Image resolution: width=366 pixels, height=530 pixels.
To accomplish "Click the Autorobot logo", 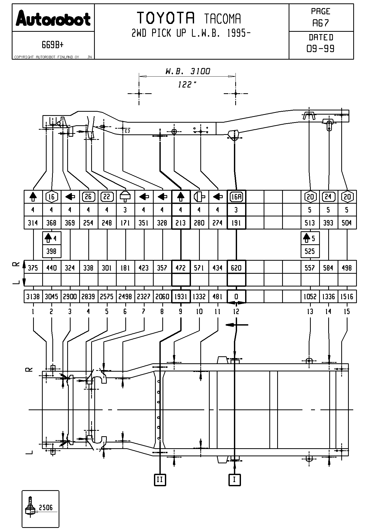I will (x=53, y=18).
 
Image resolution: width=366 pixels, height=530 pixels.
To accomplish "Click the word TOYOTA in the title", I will (x=166, y=18).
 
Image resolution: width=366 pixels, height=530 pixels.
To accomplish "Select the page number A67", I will (x=321, y=23).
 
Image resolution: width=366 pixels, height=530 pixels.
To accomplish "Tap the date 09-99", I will (x=321, y=49).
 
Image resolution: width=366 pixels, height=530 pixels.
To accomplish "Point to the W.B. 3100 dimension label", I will (x=188, y=71).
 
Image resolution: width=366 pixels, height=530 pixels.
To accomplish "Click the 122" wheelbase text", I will (x=187, y=84).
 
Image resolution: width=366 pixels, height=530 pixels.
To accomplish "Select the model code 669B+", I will (x=53, y=45).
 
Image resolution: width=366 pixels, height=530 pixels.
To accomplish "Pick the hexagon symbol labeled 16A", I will (x=236, y=197).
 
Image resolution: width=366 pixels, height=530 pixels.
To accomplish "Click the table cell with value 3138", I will (x=33, y=297).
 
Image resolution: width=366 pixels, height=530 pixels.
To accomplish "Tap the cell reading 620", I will (x=236, y=268).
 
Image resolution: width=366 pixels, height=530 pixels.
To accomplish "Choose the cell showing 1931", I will (x=181, y=297).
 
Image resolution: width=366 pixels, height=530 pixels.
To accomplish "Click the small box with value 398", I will (x=52, y=251).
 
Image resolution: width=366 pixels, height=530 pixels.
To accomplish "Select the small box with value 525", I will (x=310, y=251).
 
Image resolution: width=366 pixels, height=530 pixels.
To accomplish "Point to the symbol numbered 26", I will (x=89, y=197).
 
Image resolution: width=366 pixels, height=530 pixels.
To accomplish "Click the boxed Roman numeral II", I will (x=160, y=479).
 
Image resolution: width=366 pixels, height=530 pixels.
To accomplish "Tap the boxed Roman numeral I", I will (x=234, y=479).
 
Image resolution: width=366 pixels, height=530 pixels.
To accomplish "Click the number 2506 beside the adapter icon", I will (x=46, y=507).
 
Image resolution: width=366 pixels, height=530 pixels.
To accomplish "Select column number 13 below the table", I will (x=310, y=311).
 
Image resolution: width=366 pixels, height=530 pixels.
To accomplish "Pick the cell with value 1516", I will (x=347, y=297).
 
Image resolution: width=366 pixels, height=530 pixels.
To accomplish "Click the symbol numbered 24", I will (x=328, y=197).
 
